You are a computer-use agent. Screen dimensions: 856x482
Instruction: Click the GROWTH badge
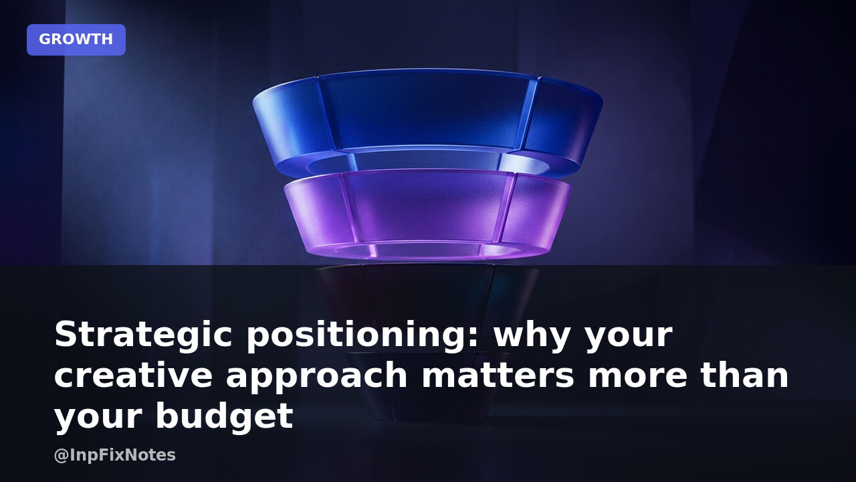coord(76,39)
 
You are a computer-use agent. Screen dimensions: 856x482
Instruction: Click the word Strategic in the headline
coord(143,335)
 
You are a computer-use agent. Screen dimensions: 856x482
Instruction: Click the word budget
coord(224,418)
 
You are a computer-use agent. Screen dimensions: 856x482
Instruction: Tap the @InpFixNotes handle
coord(115,455)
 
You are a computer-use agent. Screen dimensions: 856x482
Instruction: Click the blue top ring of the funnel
coord(427,114)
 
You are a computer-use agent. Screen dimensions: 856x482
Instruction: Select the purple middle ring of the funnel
coord(427,210)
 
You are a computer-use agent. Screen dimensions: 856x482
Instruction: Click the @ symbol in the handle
coord(62,456)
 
